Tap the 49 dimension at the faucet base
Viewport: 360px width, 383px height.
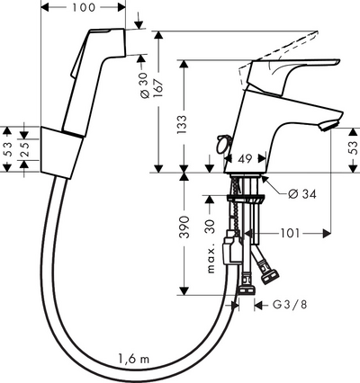click(244, 159)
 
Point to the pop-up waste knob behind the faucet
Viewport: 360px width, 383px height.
click(222, 143)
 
